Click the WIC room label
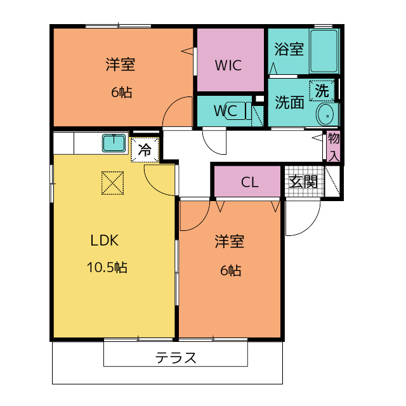click(228, 65)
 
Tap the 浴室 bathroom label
click(289, 49)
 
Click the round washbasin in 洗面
click(325, 115)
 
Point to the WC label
click(225, 110)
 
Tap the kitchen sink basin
click(115, 143)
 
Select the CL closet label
click(250, 183)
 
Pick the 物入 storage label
click(334, 147)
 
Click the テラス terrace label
click(176, 358)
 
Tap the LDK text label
click(105, 241)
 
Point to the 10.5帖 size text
click(107, 267)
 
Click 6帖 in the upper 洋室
click(121, 93)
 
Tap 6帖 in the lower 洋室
click(230, 271)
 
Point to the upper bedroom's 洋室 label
click(120, 65)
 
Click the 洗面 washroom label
click(289, 101)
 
